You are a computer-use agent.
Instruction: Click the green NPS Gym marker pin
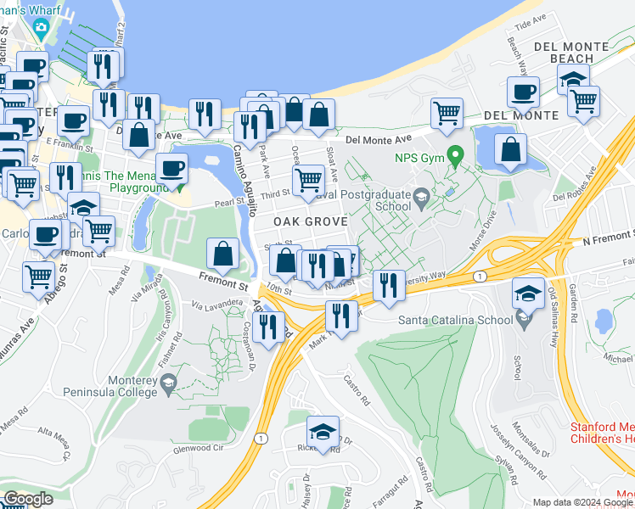click(x=455, y=156)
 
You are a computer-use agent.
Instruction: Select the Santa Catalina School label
click(x=456, y=320)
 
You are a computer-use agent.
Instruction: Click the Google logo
click(x=28, y=498)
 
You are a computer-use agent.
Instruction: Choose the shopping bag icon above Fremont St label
click(x=222, y=253)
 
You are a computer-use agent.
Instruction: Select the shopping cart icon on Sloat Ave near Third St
click(x=307, y=179)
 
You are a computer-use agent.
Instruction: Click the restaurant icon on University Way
click(x=388, y=284)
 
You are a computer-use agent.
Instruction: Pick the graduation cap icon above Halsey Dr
click(x=323, y=431)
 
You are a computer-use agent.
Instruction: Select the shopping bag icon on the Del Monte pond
click(x=509, y=149)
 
